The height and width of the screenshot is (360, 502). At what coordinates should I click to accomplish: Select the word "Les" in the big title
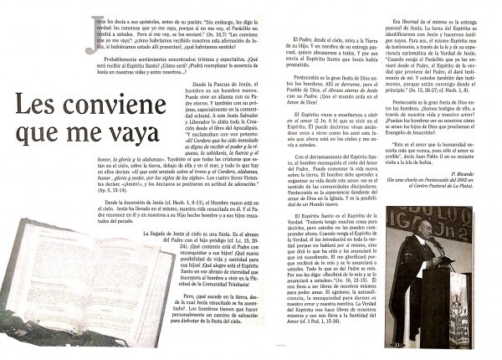[36, 106]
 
